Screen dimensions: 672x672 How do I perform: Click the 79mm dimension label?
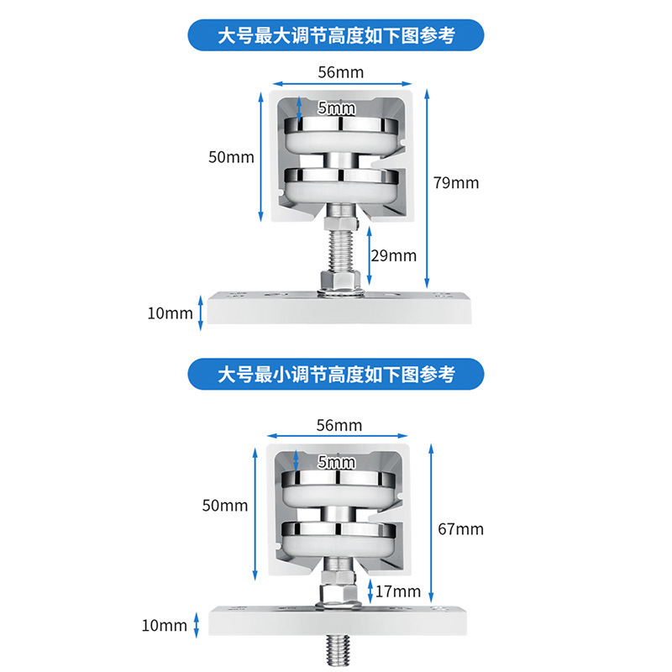click(457, 182)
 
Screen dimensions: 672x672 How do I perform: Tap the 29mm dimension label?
click(394, 255)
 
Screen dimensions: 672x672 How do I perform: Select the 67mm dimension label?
click(461, 529)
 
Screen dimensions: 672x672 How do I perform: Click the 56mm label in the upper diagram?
click(341, 72)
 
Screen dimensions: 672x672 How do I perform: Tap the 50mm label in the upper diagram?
click(231, 157)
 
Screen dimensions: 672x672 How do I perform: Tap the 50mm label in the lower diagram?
click(225, 505)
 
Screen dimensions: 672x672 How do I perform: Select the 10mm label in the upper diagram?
click(170, 313)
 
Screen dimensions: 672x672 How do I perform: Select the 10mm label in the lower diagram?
click(165, 625)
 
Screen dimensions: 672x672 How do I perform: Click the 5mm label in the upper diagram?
click(337, 108)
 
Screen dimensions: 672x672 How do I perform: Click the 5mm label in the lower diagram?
click(337, 462)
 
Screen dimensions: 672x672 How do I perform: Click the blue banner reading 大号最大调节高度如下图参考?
click(336, 36)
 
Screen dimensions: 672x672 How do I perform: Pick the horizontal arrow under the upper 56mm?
click(341, 84)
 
